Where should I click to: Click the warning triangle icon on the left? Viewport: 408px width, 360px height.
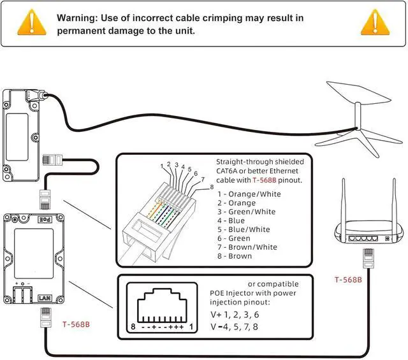[x=32, y=22]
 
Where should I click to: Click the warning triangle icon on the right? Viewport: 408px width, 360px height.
[x=375, y=22]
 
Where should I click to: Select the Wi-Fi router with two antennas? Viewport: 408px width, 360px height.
[x=368, y=223]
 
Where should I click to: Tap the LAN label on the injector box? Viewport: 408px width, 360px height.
[x=44, y=298]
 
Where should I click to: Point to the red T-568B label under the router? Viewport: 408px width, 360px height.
[x=349, y=280]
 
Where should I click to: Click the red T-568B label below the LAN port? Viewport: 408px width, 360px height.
[x=76, y=324]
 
